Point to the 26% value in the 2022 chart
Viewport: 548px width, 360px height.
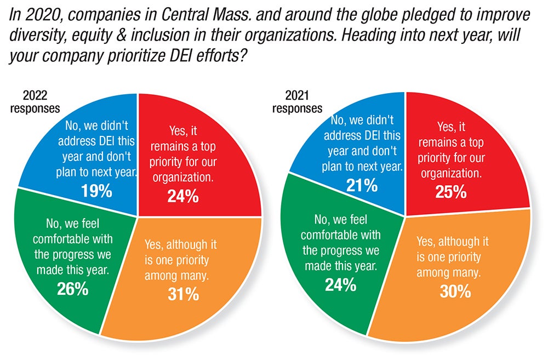(x=73, y=288)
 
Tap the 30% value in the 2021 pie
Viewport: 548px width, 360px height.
(x=455, y=290)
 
